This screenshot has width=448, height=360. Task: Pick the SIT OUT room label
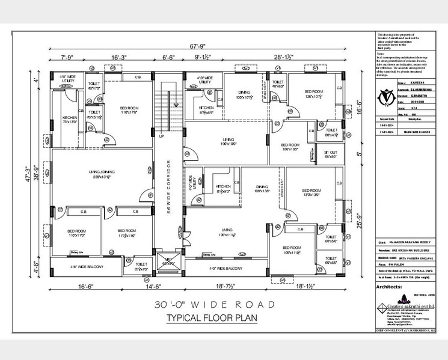point(330,154)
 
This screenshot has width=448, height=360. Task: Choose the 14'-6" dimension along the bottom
point(165,287)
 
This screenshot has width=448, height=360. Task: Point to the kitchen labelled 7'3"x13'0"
point(70,119)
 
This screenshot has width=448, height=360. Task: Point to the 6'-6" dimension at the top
point(170,58)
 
